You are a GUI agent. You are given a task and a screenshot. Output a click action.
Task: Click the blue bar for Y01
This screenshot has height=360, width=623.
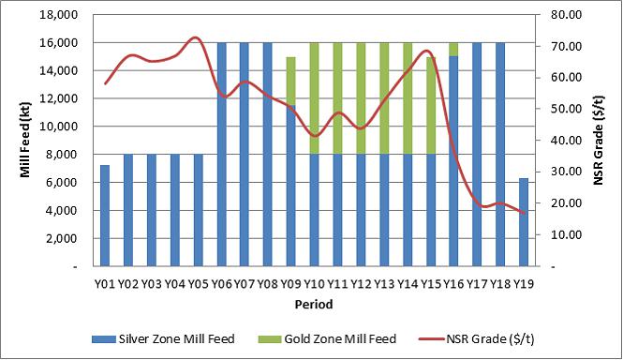point(105,216)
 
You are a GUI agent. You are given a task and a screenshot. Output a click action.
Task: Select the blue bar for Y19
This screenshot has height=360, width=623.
point(524,222)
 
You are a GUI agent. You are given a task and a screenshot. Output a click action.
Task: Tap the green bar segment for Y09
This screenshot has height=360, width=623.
point(290,82)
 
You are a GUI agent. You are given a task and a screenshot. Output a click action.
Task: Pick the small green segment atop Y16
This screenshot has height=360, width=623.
point(453,50)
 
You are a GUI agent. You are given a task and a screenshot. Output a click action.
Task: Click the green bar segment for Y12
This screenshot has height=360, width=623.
point(361,98)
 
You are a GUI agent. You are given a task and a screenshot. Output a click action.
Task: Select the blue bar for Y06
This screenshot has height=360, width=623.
point(221,155)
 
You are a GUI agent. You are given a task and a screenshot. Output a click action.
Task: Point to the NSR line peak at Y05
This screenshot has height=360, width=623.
point(195,37)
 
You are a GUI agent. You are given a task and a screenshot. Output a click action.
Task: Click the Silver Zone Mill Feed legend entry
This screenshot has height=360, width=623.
point(163,339)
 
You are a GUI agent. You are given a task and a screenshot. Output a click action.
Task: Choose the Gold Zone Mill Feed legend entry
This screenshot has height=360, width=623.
point(327,339)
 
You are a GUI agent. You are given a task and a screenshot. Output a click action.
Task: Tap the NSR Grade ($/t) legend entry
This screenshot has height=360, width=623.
point(477,339)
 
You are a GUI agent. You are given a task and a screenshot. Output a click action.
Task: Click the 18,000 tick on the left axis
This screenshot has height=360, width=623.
point(59,15)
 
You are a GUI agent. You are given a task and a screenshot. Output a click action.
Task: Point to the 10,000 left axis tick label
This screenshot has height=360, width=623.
point(59,127)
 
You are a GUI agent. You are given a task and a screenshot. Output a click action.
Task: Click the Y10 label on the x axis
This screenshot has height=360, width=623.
point(314,284)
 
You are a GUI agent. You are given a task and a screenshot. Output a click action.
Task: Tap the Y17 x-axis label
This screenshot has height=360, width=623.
point(477,284)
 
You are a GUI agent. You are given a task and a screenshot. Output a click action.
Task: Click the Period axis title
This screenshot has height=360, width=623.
point(314,305)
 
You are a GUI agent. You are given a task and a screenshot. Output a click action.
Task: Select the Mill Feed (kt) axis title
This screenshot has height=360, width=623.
point(25,141)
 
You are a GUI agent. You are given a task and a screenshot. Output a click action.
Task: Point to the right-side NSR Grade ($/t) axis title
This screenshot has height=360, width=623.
point(599,141)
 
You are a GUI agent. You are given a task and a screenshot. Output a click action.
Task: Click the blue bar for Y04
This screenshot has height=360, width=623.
point(175,210)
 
